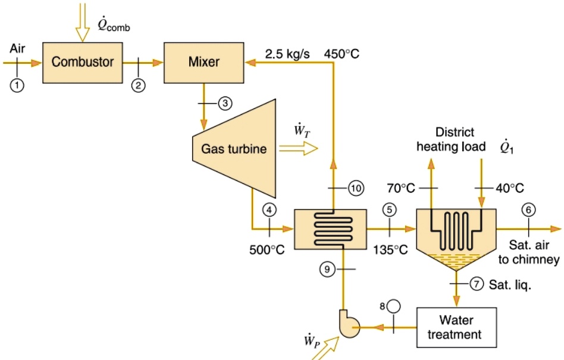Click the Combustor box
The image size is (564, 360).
[82, 61]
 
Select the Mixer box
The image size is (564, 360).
[203, 61]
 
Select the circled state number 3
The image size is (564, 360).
[224, 103]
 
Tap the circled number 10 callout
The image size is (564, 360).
[355, 188]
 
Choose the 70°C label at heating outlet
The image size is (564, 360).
[400, 189]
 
